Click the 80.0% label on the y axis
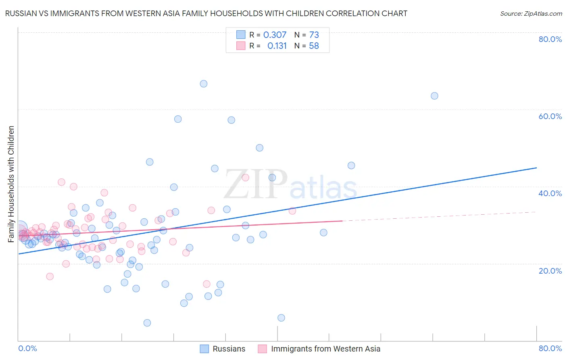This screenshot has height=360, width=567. (x=550, y=39)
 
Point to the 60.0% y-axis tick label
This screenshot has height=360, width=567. (x=550, y=116)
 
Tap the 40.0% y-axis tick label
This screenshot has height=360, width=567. (x=550, y=193)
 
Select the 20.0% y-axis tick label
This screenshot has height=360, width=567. (x=550, y=270)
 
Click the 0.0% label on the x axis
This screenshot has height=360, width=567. (x=27, y=348)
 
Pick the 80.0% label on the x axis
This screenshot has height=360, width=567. (x=550, y=348)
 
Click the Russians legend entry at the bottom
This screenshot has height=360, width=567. (x=229, y=349)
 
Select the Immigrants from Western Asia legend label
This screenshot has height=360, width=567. (x=325, y=349)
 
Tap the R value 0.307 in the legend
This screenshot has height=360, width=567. (x=275, y=35)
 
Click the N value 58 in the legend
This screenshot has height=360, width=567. (x=314, y=46)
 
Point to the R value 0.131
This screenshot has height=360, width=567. (x=277, y=46)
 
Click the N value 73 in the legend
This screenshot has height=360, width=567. (x=314, y=35)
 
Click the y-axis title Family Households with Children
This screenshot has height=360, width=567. (x=11, y=184)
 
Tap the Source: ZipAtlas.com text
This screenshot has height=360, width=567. (x=531, y=13)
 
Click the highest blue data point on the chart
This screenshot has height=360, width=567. (x=204, y=84)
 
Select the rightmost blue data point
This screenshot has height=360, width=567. (x=434, y=96)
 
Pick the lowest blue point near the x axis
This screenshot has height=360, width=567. (x=147, y=323)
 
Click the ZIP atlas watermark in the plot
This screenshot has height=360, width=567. (x=290, y=185)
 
